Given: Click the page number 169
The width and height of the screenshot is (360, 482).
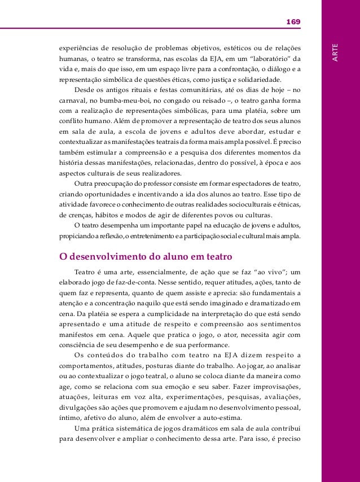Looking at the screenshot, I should tap(293, 21).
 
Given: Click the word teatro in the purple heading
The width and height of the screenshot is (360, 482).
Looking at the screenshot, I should tap(216, 256).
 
